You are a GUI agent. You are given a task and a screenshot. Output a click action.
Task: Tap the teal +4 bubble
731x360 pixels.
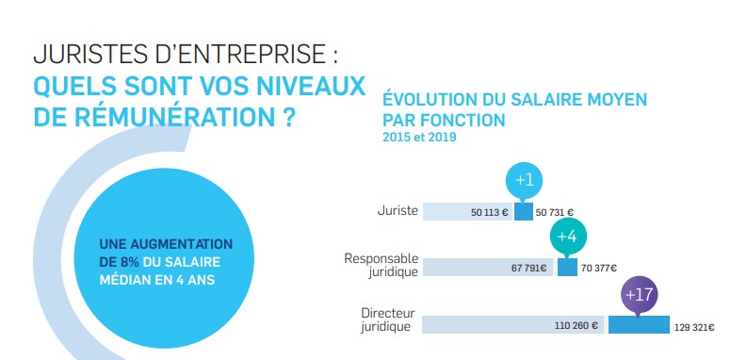565,237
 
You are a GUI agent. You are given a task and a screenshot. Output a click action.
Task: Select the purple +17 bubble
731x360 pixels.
639,295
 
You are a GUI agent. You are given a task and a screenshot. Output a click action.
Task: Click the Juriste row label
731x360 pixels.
397,210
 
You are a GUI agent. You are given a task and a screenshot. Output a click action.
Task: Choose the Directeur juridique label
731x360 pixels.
385,320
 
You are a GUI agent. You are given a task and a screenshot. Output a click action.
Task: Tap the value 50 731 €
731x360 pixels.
555,213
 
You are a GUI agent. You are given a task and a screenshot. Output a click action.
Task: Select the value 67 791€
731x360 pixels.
529,268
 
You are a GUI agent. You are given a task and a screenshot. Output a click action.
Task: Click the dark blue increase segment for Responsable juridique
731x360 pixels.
567,268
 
